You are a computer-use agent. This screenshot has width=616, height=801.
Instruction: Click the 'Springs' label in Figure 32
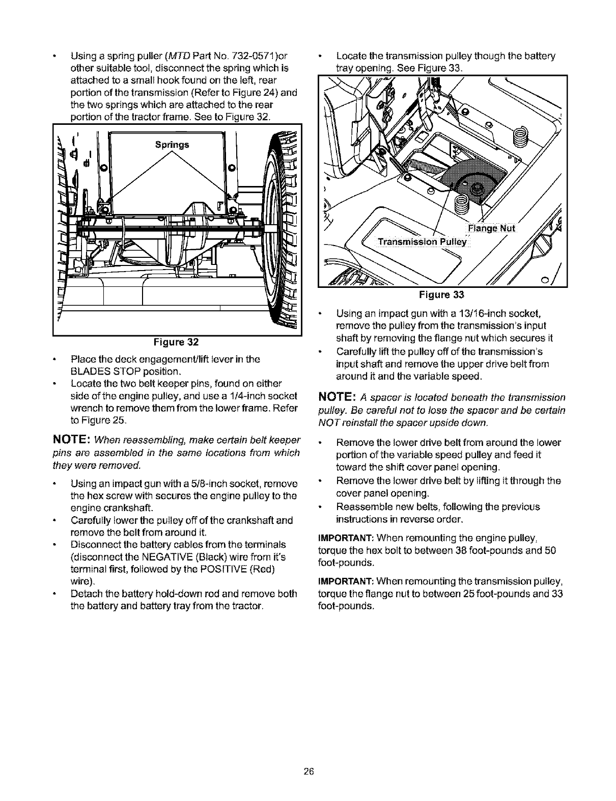(x=172, y=144)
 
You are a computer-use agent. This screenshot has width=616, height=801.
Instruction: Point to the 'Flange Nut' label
(x=491, y=228)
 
